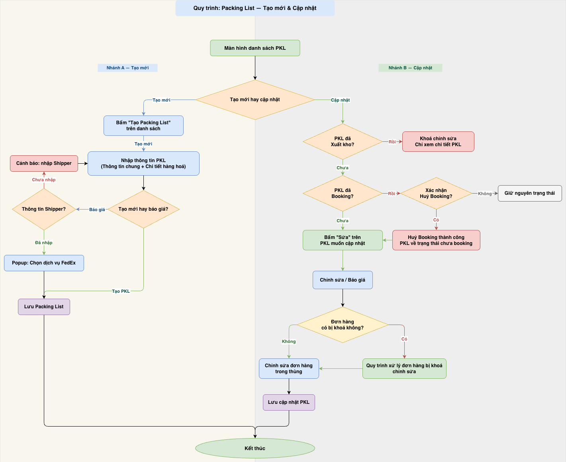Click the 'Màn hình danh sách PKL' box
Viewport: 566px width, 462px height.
255,48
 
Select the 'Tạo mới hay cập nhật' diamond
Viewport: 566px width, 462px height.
255,100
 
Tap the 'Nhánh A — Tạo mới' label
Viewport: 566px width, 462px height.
127,68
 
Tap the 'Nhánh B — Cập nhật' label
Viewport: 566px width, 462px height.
410,68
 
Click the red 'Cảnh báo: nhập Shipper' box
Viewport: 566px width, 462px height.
44,163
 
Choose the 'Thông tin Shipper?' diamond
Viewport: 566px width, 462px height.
44,209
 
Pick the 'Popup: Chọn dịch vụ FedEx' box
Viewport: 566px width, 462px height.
44,263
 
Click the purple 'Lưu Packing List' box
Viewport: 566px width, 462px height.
44,307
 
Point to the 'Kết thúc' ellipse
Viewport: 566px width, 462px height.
255,448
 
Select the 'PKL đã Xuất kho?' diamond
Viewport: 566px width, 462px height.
343,141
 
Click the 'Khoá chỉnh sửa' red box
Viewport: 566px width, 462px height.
438,141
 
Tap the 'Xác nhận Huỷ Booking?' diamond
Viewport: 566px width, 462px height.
436,193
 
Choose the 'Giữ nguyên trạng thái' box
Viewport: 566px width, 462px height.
530,193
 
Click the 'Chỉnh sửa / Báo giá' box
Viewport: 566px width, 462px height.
343,280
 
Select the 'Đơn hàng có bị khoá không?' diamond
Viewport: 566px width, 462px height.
343,325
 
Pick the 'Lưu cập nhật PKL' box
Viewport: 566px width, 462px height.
289,402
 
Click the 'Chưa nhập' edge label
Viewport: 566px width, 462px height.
44,180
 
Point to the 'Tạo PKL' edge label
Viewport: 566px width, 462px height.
121,291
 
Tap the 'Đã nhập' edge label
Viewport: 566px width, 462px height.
44,243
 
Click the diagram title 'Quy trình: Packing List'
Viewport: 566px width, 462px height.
255,8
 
